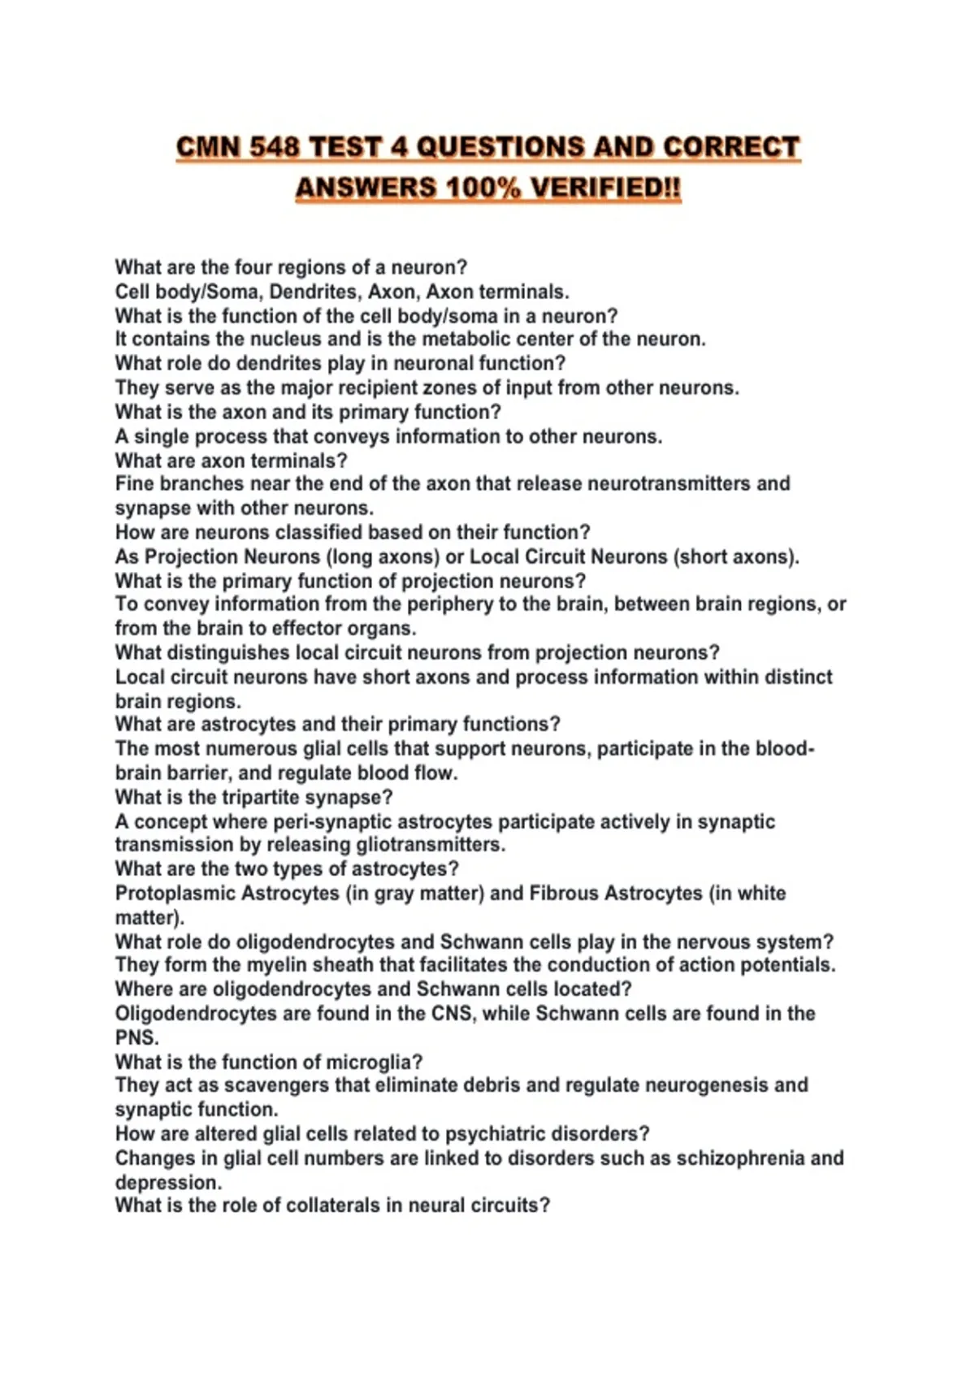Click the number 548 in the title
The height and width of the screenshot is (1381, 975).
[275, 148]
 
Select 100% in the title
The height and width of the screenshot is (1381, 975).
[483, 188]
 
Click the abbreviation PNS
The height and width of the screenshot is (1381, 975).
[136, 1037]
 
